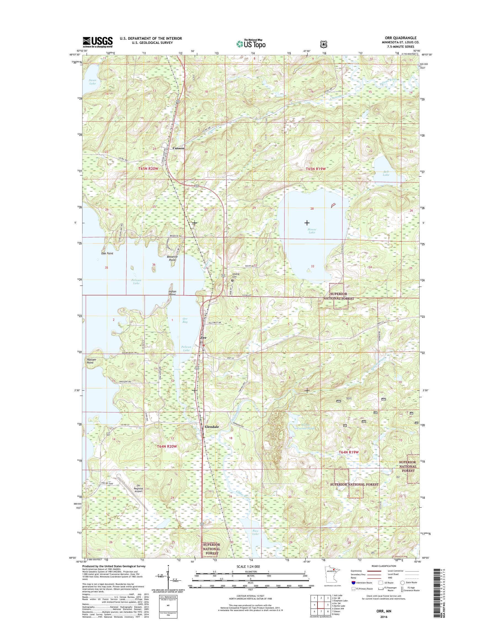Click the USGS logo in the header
click(x=98, y=42)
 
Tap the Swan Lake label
click(x=92, y=82)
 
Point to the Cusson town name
click(x=178, y=148)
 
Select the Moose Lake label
click(x=312, y=231)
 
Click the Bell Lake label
click(x=386, y=173)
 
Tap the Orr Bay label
click(x=185, y=320)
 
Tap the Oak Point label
click(x=107, y=253)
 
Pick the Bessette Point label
click(x=172, y=258)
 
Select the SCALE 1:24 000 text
click(x=248, y=566)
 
